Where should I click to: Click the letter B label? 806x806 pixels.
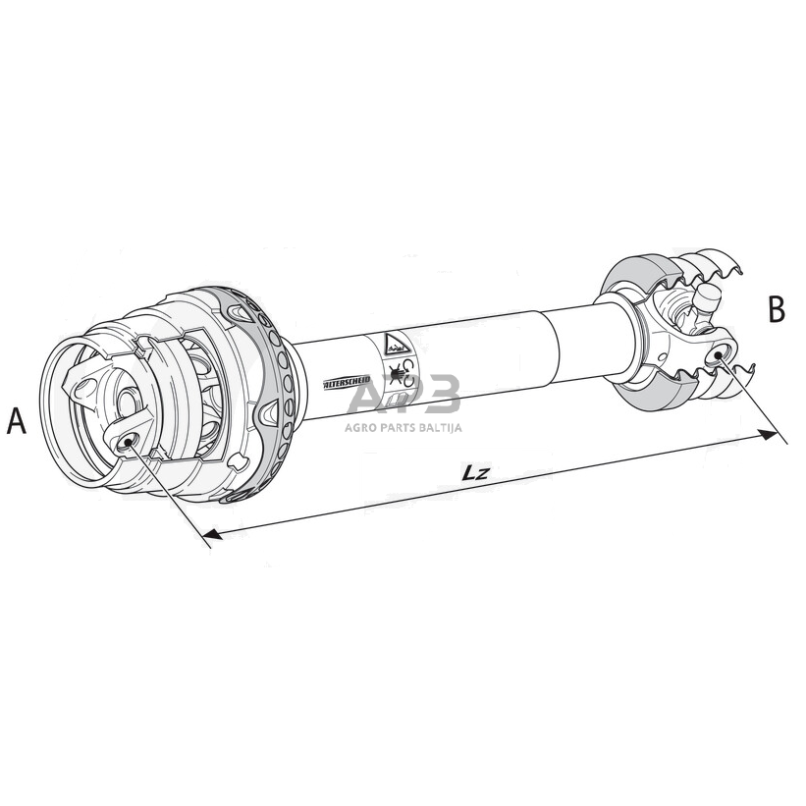[777, 309]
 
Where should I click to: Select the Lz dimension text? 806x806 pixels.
[475, 472]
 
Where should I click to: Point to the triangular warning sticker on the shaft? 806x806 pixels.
[394, 343]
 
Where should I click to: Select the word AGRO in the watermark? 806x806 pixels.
[362, 426]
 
